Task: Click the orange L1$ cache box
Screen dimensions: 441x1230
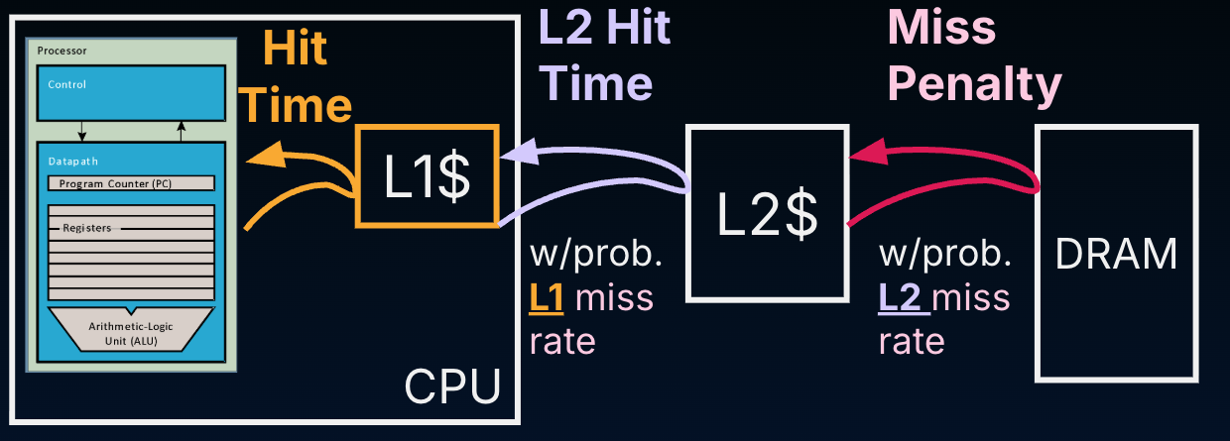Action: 427,175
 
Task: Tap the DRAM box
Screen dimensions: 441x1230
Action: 1116,253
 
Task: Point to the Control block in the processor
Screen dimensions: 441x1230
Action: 131,91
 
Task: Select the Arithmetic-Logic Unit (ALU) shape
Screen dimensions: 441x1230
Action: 130,329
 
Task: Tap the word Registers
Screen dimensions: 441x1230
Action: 86,228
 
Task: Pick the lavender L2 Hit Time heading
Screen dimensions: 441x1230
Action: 603,55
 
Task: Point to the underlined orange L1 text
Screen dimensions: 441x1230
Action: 548,297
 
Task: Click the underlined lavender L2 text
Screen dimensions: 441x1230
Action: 901,297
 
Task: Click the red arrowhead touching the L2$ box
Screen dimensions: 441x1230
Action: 868,152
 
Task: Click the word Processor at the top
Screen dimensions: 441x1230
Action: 62,50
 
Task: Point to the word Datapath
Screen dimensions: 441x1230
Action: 72,160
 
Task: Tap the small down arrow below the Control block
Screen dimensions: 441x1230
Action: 82,133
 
